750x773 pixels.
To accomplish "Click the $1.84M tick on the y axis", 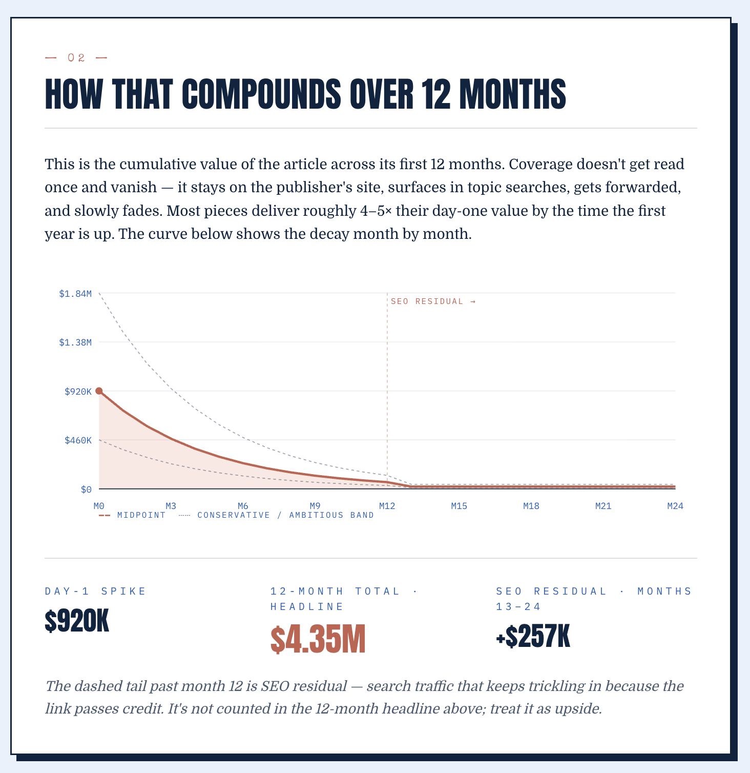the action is pos(75,294).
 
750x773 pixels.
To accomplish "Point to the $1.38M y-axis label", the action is pos(75,342).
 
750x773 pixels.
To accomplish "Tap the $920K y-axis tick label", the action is pos(78,392).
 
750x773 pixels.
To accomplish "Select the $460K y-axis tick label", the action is pos(78,440).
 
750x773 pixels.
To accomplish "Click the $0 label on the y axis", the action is pos(86,490).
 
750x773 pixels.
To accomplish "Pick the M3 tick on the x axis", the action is pos(171,506).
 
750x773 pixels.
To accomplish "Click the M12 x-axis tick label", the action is pos(387,506).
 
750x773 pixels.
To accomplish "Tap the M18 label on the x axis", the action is pos(531,506).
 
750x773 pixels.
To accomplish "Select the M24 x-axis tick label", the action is pos(675,506).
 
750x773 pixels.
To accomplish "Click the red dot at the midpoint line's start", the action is pos(99,391).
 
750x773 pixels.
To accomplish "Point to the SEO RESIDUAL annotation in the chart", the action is pos(433,301).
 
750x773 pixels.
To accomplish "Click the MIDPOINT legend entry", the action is pos(132,515).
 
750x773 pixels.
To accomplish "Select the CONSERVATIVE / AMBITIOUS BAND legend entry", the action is pos(277,515).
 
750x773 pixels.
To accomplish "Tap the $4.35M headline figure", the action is pos(318,640).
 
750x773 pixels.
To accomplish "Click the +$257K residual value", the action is pos(533,637).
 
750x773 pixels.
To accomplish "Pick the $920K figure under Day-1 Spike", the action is pos(77,622).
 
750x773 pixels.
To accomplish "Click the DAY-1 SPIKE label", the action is pos(96,591).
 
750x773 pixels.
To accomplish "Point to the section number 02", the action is pos(76,58).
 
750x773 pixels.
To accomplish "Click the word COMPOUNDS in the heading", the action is pos(261,94).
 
